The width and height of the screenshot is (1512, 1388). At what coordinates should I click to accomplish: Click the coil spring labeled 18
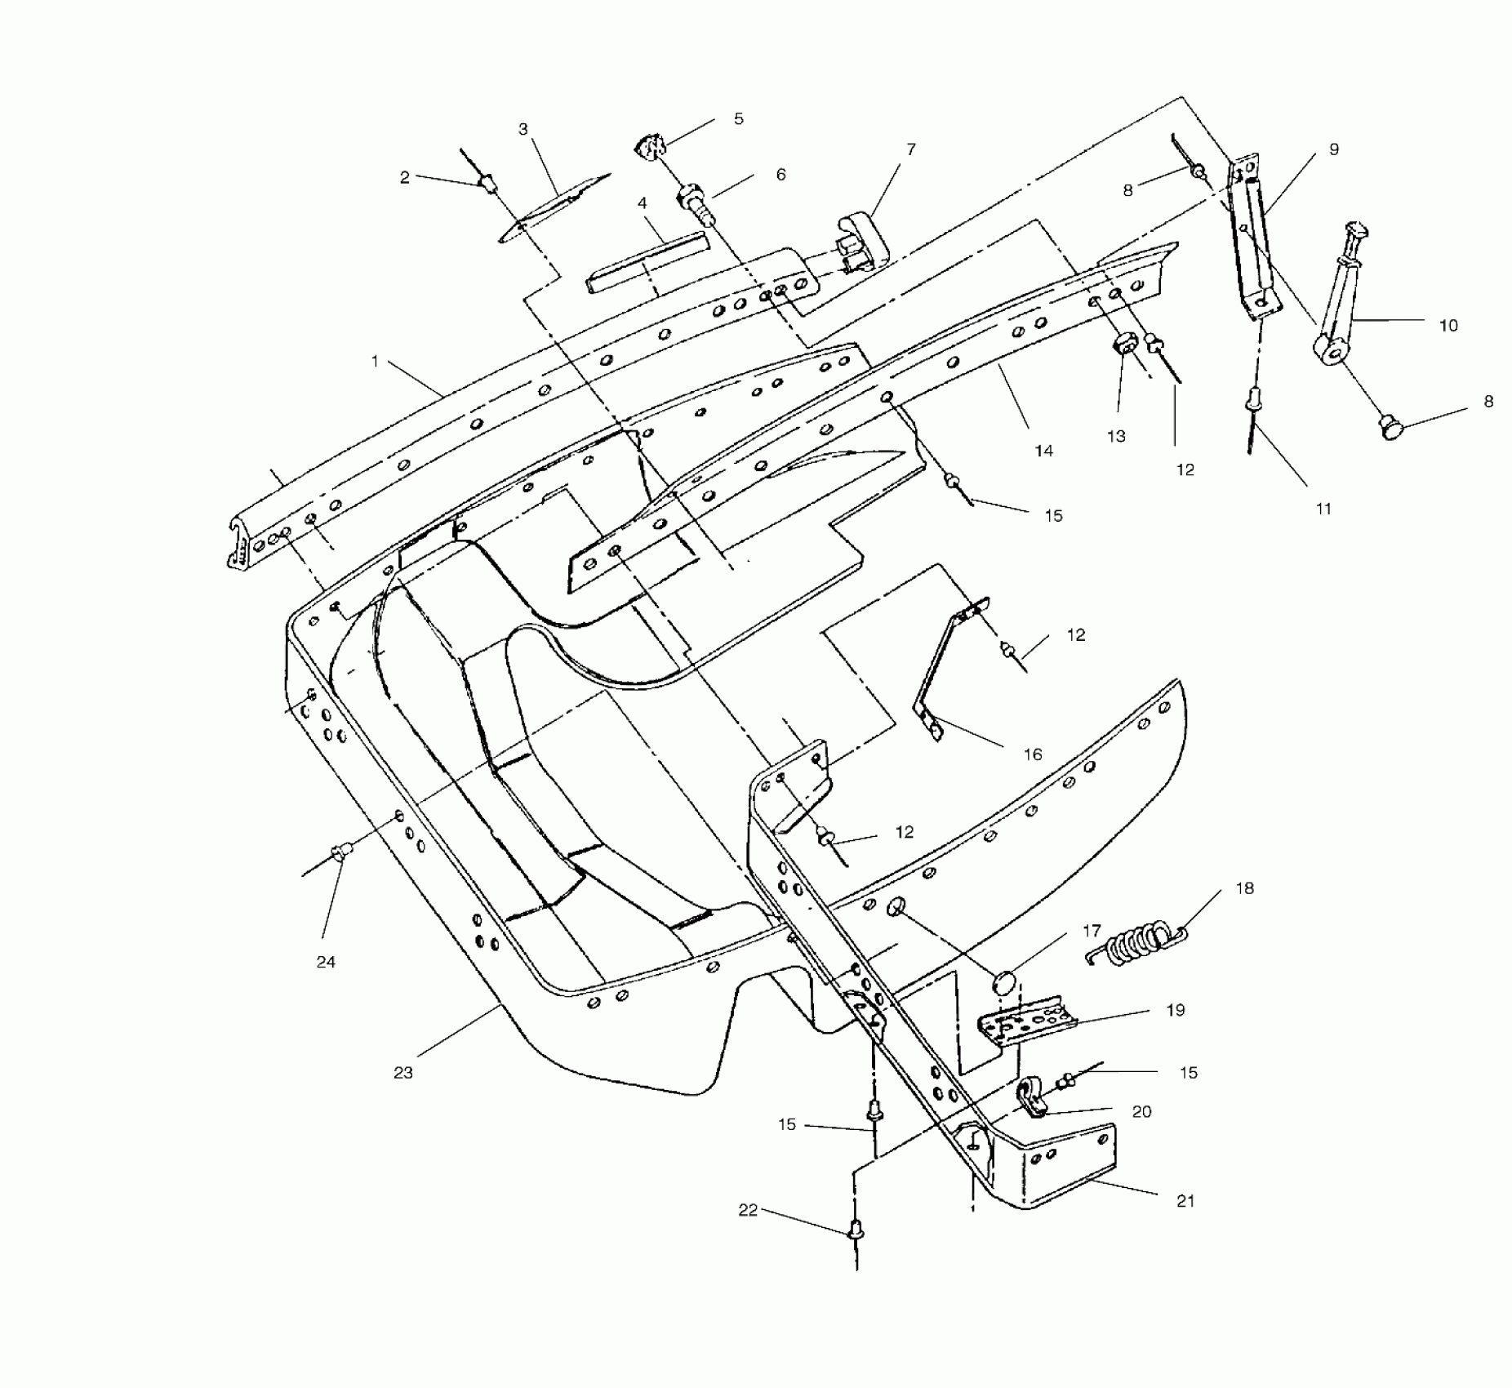(1136, 941)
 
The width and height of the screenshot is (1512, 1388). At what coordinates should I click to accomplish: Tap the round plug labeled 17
(1006, 981)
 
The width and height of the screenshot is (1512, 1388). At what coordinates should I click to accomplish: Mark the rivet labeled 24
(340, 853)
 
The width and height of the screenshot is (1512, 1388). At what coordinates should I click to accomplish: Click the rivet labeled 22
(856, 1227)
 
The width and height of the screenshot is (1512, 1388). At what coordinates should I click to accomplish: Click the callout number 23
(403, 1072)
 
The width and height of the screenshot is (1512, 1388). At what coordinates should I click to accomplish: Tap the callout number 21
(1185, 1201)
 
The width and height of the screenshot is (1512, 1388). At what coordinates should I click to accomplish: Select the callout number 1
(375, 360)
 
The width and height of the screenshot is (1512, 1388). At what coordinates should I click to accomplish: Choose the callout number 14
(1044, 450)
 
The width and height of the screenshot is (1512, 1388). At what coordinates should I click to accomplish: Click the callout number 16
(1033, 754)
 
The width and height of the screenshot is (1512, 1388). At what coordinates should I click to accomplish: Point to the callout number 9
(1334, 149)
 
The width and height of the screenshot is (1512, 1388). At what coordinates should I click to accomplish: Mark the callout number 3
(523, 129)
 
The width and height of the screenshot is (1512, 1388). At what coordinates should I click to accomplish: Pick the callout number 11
(1323, 509)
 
